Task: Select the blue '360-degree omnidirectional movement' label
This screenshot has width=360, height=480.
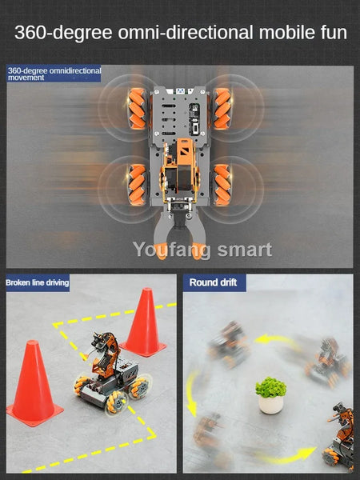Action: click(x=54, y=74)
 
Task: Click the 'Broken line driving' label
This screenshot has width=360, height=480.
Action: click(x=38, y=282)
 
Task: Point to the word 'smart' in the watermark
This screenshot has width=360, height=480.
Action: click(x=245, y=250)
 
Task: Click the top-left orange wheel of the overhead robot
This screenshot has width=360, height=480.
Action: click(x=137, y=108)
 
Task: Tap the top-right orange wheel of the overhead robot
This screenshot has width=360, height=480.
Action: click(x=222, y=108)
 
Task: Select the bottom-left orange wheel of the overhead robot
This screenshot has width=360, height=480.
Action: click(x=137, y=185)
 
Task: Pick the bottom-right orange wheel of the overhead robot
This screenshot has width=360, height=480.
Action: click(x=222, y=185)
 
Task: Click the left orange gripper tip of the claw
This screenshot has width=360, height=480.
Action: click(x=161, y=251)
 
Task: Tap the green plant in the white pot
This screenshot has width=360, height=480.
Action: click(x=271, y=387)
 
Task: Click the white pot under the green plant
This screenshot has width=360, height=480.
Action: click(x=271, y=405)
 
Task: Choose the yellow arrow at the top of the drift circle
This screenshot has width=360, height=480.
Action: click(x=277, y=340)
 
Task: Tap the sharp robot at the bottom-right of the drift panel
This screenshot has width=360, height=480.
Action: click(x=339, y=438)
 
